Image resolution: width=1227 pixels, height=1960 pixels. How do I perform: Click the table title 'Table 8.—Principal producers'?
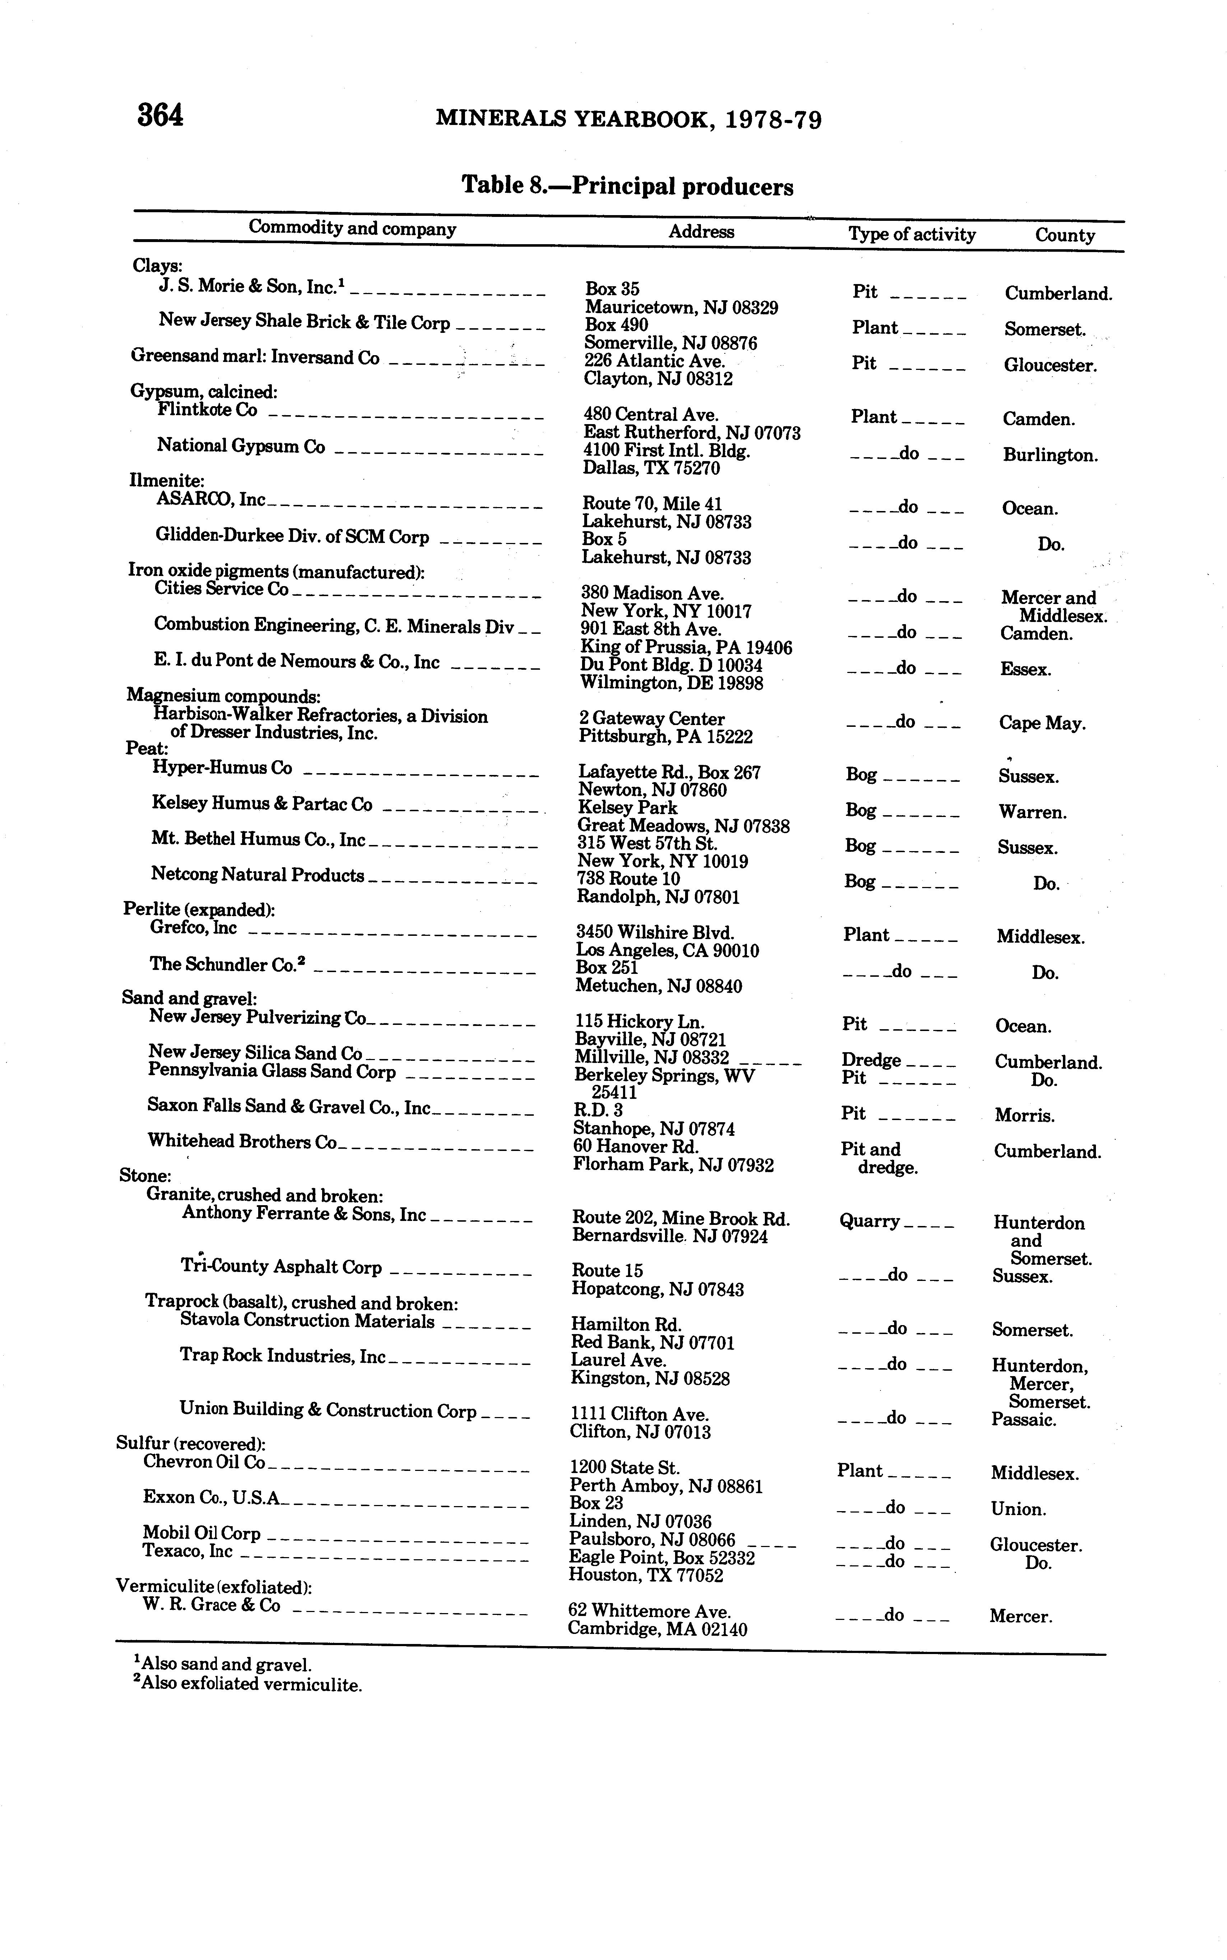627,186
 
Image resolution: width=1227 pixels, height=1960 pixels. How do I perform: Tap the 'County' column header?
1065,235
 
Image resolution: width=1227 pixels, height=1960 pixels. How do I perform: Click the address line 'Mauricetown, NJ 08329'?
682,308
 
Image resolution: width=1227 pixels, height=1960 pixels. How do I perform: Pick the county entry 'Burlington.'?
1050,455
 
